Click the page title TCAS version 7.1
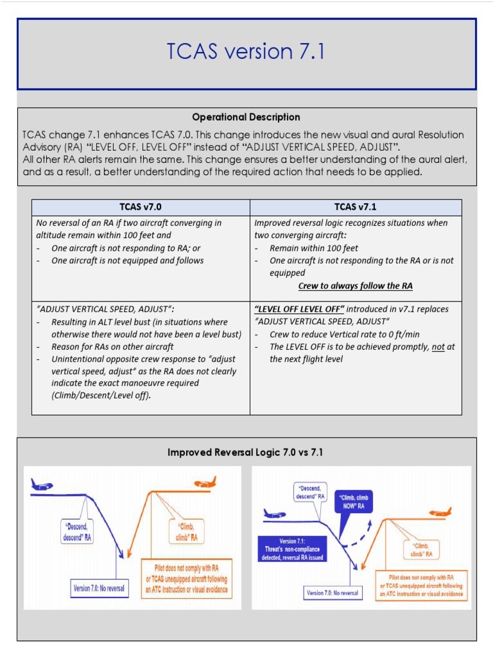click(x=246, y=51)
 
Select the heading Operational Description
click(x=246, y=117)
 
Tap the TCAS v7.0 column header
click(x=140, y=207)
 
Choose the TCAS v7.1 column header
click(x=356, y=207)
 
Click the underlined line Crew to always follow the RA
click(x=355, y=286)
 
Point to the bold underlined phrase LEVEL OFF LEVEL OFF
click(x=299, y=309)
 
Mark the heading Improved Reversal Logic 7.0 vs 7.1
click(x=246, y=453)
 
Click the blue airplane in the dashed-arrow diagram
click(x=275, y=514)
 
